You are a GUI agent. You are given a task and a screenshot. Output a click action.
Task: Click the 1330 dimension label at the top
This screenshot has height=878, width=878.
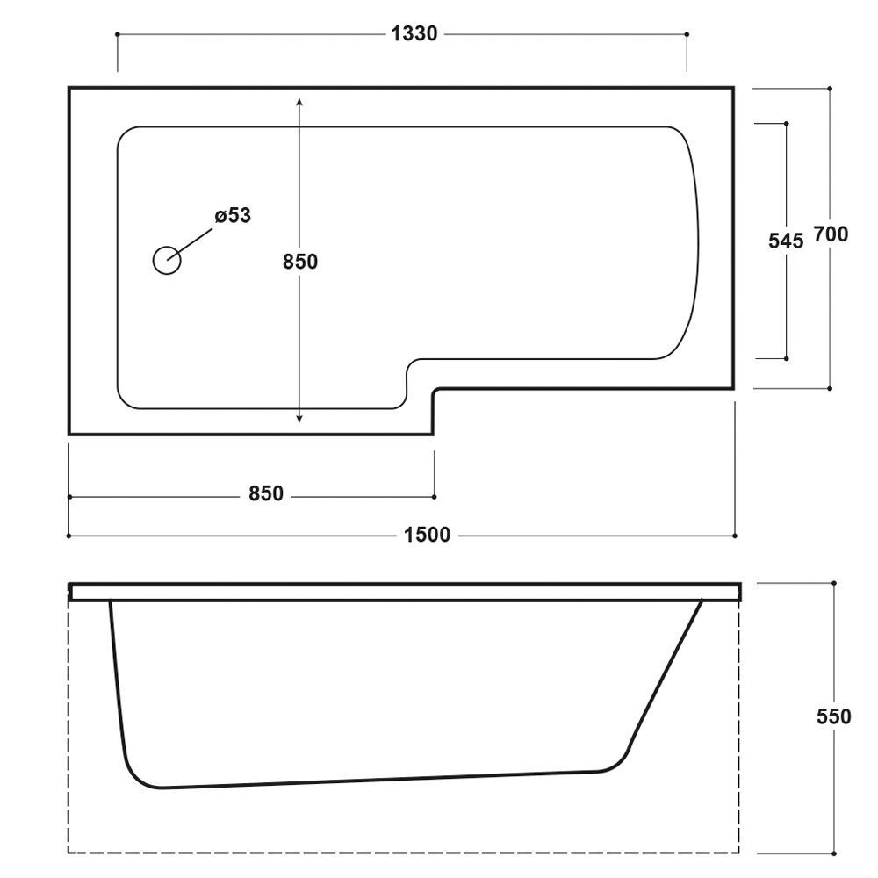click(414, 34)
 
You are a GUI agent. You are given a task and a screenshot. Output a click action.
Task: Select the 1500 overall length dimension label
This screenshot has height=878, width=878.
click(427, 536)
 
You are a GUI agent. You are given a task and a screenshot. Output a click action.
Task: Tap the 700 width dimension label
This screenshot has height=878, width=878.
click(831, 234)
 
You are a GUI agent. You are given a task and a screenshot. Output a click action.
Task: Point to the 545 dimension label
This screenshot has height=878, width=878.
click(786, 241)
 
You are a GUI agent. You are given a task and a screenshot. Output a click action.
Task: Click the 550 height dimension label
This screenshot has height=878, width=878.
click(834, 716)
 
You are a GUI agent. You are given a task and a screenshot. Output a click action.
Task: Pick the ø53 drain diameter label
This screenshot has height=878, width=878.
click(233, 216)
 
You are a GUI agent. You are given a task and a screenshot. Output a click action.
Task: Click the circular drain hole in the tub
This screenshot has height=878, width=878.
click(167, 261)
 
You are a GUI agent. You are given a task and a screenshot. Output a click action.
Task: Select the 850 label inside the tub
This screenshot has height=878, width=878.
click(300, 262)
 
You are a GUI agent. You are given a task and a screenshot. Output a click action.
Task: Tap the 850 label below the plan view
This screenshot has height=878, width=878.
click(266, 493)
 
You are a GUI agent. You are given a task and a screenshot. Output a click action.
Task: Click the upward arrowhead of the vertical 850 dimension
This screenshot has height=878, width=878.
click(299, 102)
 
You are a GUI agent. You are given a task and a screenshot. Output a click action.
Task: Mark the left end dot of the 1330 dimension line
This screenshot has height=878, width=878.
click(117, 35)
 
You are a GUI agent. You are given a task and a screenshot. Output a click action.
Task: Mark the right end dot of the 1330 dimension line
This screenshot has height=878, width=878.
click(687, 35)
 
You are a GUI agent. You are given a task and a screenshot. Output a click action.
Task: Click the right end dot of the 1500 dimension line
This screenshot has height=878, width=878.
click(735, 536)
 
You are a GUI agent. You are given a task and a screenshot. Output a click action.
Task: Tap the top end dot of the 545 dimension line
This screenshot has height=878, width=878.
click(787, 123)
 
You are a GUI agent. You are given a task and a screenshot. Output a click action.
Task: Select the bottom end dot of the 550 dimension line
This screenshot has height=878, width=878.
click(834, 853)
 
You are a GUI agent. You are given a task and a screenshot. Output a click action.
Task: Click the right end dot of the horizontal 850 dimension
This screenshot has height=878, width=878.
click(434, 497)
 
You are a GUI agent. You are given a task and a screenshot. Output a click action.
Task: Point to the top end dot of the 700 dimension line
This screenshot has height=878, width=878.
click(830, 89)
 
